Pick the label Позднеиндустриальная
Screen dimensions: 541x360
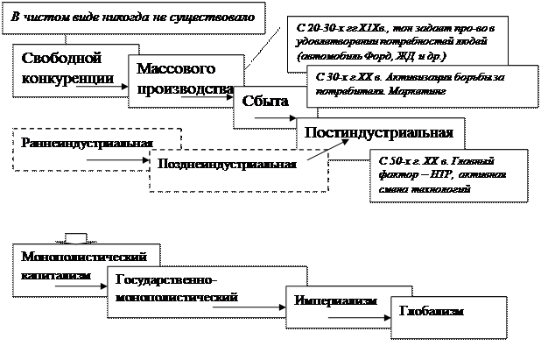226,164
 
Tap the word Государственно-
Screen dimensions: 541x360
170,279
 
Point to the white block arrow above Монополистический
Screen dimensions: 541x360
76,236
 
